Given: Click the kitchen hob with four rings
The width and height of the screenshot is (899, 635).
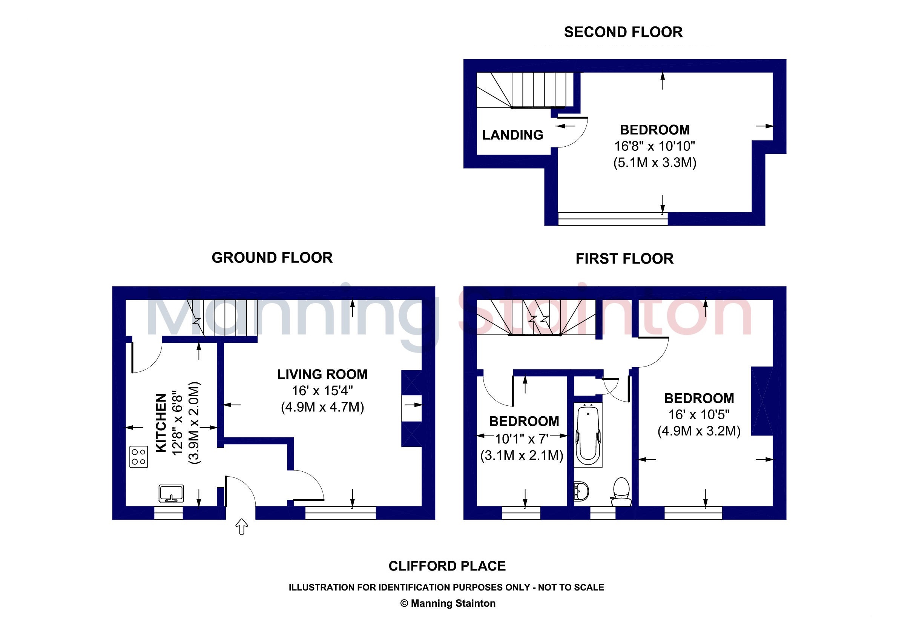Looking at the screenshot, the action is (139, 457).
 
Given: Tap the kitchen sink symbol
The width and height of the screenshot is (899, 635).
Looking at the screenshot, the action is (171, 493).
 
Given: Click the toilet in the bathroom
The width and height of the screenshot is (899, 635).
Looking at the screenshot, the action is (621, 491).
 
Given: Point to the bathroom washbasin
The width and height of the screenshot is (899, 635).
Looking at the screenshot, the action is (581, 491).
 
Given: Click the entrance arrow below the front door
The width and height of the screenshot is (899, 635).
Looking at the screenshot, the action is (242, 526).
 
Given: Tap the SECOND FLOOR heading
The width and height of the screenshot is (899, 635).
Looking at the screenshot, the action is (623, 32).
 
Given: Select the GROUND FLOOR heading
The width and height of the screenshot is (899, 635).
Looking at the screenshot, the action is (272, 258).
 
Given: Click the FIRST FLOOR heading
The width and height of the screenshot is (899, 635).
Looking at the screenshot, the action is (624, 259).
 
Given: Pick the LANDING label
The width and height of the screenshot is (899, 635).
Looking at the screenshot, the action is (512, 135).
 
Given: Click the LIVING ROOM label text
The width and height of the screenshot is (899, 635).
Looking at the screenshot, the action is (322, 374).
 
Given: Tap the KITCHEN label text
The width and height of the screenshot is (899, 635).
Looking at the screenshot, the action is (161, 423).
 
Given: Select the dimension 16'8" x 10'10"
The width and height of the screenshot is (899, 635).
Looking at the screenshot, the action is (654, 146).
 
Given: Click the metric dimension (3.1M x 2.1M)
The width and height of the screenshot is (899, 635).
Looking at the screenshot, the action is (522, 455).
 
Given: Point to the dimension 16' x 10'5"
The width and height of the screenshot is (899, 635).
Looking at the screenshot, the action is (699, 414).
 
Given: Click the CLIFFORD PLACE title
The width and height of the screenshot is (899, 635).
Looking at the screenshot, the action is (447, 566).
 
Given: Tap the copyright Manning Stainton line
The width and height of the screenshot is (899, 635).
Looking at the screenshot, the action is (448, 603).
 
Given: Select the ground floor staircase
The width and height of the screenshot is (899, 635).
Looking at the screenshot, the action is (222, 317).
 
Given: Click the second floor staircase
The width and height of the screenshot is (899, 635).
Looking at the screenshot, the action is (525, 90).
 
